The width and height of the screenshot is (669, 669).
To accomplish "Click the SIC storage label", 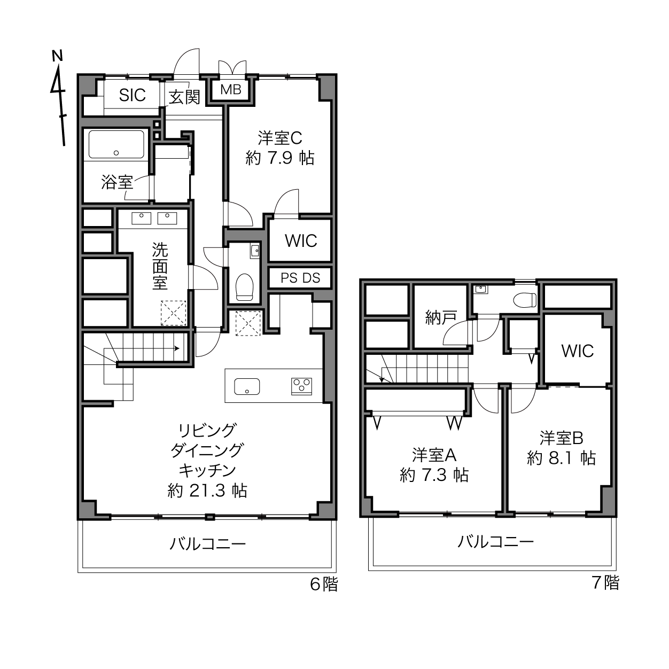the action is tap(133, 95).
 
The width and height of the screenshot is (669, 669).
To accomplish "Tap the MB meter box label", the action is tap(231, 90).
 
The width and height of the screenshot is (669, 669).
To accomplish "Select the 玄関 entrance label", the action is tap(184, 97).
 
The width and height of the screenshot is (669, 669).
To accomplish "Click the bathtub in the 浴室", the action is tap(116, 144).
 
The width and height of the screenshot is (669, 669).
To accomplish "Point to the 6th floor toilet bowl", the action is tap(244, 287).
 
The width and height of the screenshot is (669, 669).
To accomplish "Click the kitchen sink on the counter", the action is tap(247, 386).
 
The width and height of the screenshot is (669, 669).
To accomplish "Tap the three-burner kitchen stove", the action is tap(301, 386).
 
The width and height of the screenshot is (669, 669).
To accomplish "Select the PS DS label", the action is tap(300, 278).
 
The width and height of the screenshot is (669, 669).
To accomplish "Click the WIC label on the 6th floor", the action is tap(301, 240).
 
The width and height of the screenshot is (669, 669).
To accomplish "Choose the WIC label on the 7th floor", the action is tap(577, 351).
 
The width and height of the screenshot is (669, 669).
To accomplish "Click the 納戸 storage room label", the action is tap(441, 317).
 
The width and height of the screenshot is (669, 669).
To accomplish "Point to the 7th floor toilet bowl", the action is tap(525, 300).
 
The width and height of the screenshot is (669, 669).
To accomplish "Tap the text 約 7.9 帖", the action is tap(280, 158).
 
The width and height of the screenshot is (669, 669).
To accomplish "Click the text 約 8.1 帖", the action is tap(562, 458).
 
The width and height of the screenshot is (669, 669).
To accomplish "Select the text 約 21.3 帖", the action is tap(207, 491).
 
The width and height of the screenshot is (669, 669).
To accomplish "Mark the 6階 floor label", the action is tap(324, 584).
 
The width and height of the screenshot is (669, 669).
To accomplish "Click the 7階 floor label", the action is tap(606, 583).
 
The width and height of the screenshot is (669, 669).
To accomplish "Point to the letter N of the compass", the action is tap(57, 56).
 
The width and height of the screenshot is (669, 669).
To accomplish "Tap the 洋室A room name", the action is tap(434, 455).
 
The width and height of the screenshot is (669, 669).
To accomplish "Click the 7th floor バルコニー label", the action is tap(495, 541).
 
